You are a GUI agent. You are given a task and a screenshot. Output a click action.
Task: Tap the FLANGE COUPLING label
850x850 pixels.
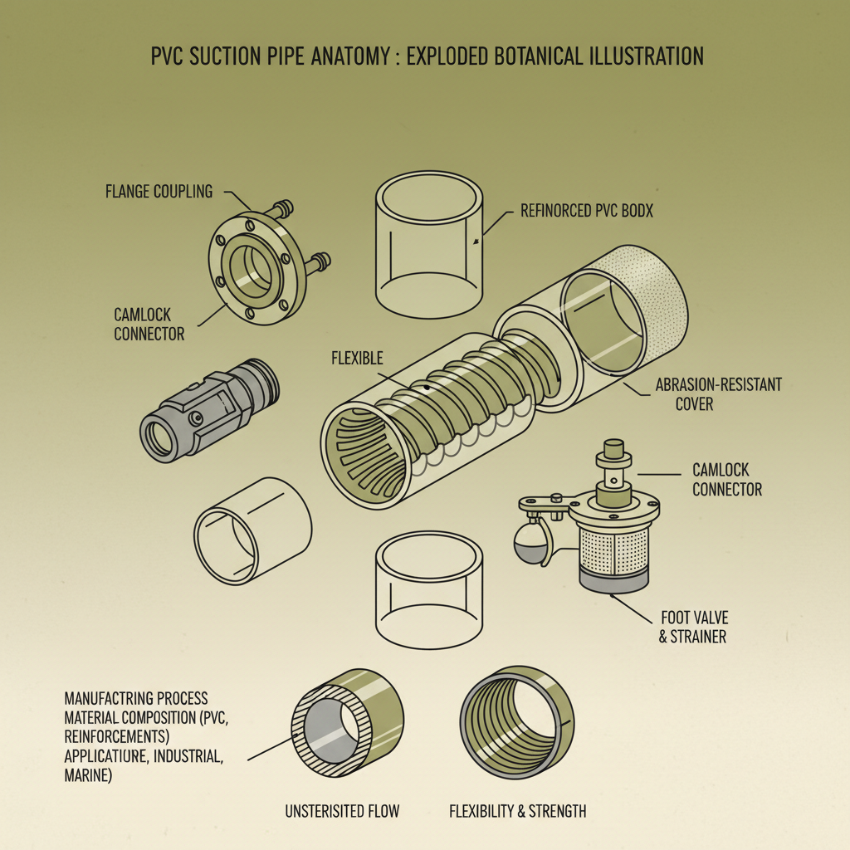point(159,192)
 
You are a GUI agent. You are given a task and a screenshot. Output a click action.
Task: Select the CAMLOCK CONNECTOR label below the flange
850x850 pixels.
point(149,324)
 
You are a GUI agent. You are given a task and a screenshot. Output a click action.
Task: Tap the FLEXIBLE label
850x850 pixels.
point(357,359)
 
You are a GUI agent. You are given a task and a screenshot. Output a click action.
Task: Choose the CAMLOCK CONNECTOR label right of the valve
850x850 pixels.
point(726,480)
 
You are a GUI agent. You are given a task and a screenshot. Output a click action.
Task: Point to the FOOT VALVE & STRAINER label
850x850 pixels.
point(693,628)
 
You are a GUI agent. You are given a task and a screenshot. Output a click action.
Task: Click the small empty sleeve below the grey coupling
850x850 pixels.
point(252,531)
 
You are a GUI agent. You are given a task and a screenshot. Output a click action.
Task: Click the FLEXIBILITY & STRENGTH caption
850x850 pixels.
point(517,811)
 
